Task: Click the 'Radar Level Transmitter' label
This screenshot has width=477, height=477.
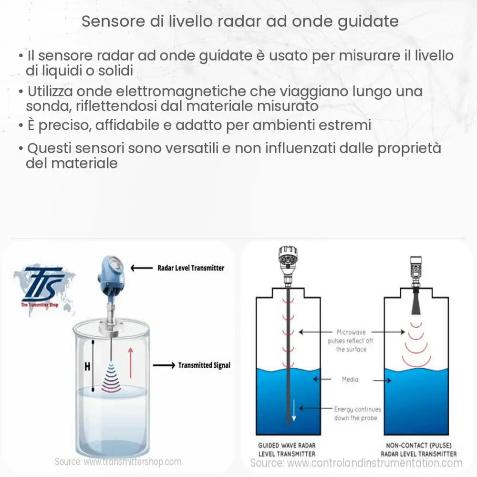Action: click(x=191, y=268)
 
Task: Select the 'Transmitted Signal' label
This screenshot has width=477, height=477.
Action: click(x=204, y=365)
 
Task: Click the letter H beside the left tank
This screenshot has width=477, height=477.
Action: click(x=87, y=367)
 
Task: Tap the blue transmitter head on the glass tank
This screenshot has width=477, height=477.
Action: click(x=110, y=277)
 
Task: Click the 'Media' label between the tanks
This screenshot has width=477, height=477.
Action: click(x=350, y=380)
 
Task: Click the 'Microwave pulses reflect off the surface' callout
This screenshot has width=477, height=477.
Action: click(x=351, y=340)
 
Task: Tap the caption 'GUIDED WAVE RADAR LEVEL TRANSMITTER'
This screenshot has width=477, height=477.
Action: click(x=287, y=449)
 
